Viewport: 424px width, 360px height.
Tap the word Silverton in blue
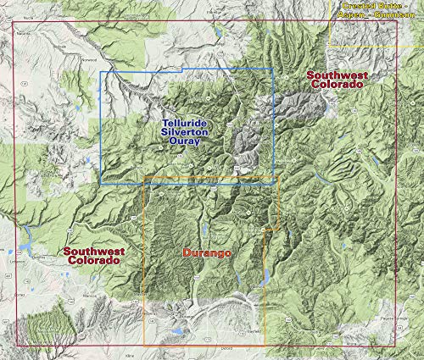tap(186, 133)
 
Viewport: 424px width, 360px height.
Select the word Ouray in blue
tap(186, 142)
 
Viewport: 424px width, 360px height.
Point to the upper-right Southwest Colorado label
tap(336, 80)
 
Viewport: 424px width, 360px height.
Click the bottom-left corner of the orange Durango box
tap(144, 344)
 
